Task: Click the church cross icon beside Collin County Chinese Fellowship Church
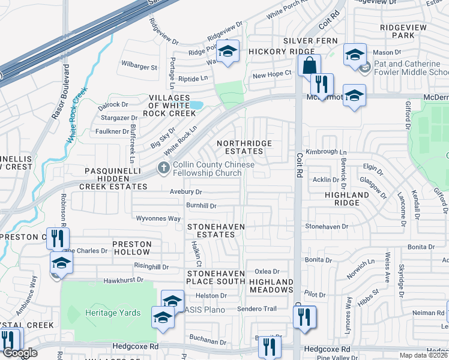click(x=163, y=169)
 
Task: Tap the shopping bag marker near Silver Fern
click(x=309, y=65)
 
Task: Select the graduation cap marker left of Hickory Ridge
click(x=228, y=51)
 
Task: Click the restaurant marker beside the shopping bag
click(x=322, y=85)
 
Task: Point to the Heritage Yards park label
click(x=113, y=313)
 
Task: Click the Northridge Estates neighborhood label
click(x=244, y=148)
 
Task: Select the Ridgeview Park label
click(x=403, y=31)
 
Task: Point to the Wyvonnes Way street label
click(x=158, y=218)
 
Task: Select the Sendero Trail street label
click(x=256, y=308)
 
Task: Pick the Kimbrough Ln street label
click(x=326, y=152)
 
